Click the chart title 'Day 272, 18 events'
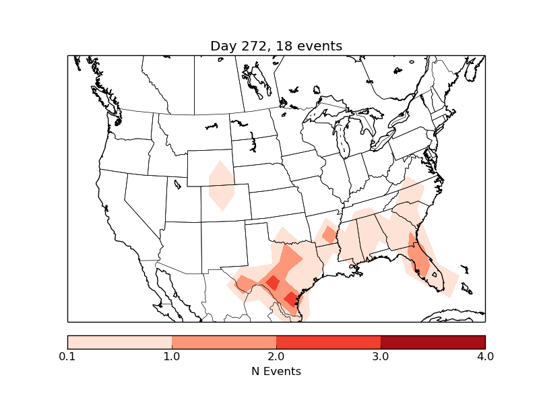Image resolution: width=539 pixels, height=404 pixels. coord(276,46)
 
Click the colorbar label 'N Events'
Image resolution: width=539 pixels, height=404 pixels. coord(276,371)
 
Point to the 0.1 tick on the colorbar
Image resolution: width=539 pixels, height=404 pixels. coord(67,356)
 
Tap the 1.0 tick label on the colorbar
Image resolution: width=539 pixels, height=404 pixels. coord(172,356)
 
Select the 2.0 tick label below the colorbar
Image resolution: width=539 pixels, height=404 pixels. coord(276,356)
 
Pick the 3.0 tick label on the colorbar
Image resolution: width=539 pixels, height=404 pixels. coord(381,356)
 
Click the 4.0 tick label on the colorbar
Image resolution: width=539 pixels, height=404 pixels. coord(485,356)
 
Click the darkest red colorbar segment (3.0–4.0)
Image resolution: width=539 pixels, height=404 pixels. coord(433,342)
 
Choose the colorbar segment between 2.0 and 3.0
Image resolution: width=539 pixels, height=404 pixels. coord(328,342)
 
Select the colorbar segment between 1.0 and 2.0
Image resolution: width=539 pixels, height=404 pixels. coord(224,342)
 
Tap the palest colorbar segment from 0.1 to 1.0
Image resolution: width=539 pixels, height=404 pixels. coord(119,342)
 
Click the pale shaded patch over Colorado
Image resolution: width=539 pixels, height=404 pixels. coord(221,187)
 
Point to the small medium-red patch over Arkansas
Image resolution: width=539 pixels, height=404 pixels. coord(329,235)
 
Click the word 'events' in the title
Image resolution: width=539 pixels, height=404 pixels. coord(321,46)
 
